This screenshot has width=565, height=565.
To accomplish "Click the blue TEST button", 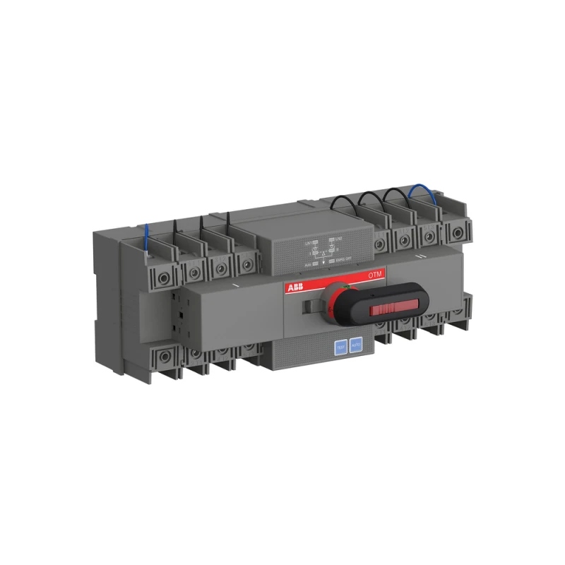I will pyautogui.click(x=340, y=347).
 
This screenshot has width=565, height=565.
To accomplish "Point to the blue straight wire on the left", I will pyautogui.click(x=145, y=237).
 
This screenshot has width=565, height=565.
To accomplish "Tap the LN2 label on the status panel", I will pyautogui.click(x=338, y=242).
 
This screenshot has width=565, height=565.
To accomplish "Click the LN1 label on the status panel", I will pyautogui.click(x=308, y=242).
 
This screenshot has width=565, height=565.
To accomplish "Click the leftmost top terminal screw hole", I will pyautogui.click(x=162, y=277).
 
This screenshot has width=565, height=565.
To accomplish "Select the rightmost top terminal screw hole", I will pyautogui.click(x=457, y=232).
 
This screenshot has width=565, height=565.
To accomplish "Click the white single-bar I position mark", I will pyautogui.click(x=233, y=285).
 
